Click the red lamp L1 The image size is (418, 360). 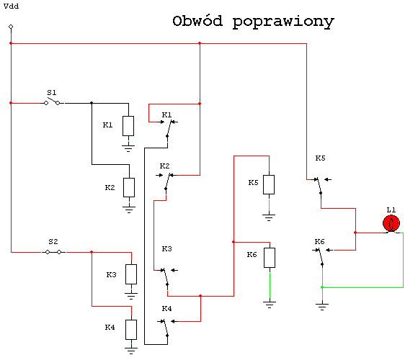(x=391, y=223)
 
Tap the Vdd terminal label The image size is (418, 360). (x=11, y=6)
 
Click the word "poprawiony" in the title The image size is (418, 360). (x=283, y=22)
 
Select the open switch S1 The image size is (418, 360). (x=52, y=102)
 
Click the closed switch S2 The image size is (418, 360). (x=53, y=252)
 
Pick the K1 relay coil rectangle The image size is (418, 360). (x=128, y=126)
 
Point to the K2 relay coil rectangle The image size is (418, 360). (x=129, y=187)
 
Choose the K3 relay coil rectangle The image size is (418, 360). (x=131, y=274)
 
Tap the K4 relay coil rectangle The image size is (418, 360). (x=131, y=330)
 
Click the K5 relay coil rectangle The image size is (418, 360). (x=269, y=184)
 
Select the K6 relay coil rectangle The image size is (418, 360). (x=270, y=258)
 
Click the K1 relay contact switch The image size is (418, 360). (x=168, y=129)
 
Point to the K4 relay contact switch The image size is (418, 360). (x=166, y=328)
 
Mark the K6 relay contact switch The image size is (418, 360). (x=321, y=257)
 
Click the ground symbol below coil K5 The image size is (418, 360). (x=269, y=217)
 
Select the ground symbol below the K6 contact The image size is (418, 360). (x=322, y=307)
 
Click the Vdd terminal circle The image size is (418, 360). (x=11, y=27)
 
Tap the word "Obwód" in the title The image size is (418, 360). (x=197, y=21)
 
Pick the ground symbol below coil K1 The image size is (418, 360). (x=128, y=148)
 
